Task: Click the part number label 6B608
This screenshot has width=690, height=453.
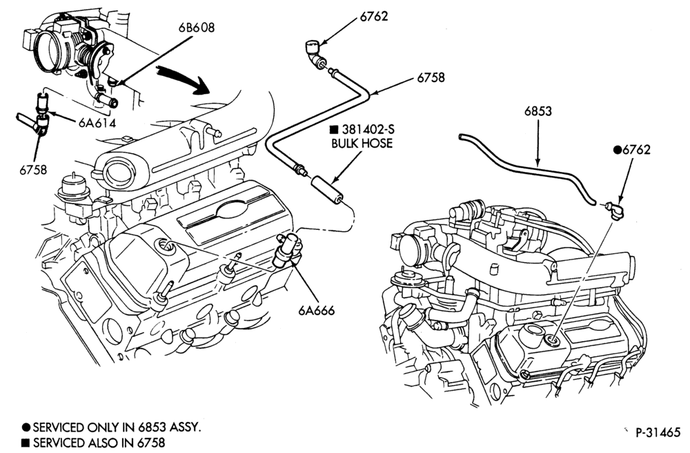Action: point(196,28)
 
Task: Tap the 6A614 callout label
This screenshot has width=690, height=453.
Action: point(97,123)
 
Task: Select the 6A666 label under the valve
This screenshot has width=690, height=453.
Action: point(317,310)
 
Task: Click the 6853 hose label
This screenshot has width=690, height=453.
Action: point(538,111)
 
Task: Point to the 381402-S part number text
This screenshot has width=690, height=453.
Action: point(368,129)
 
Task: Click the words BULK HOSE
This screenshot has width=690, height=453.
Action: point(362,144)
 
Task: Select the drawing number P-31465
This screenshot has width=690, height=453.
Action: point(658,432)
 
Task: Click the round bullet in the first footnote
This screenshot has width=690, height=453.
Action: point(26,427)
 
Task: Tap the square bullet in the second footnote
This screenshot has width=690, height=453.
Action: point(26,443)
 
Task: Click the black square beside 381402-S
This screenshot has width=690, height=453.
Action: point(335,129)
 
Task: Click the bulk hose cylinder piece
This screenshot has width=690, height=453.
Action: point(327,189)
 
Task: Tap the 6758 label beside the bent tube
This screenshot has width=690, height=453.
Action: point(431,77)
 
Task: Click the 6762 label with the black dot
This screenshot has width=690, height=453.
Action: point(632,150)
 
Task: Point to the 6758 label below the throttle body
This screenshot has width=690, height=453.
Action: point(33,169)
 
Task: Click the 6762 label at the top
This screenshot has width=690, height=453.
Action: point(374,17)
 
